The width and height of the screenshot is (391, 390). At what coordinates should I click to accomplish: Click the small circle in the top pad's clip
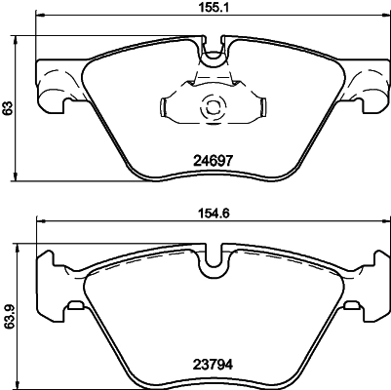tap(211, 110)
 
